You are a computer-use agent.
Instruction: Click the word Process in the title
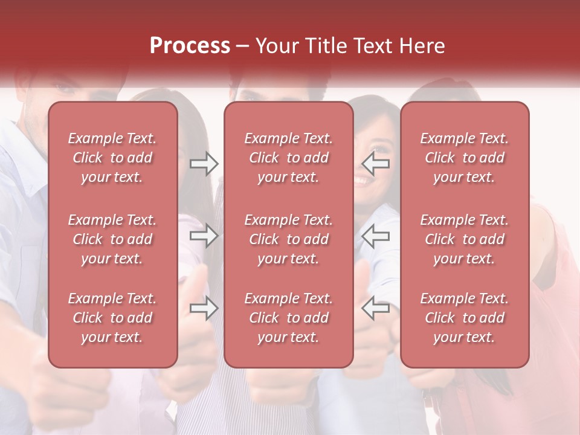[x=190, y=46]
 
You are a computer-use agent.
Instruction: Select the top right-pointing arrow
[x=204, y=164]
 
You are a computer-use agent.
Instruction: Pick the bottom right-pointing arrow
[x=204, y=308]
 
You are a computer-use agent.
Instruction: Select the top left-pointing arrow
[x=376, y=164]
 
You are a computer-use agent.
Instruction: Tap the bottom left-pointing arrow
[x=376, y=308]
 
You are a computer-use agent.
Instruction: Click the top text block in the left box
[x=112, y=158]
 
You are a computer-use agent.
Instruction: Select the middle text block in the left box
[x=112, y=239]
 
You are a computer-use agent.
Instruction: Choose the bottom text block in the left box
[x=112, y=318]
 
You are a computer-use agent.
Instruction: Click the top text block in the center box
[x=289, y=158]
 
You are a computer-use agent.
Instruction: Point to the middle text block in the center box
[x=289, y=239]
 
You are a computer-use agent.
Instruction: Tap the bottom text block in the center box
[x=289, y=318]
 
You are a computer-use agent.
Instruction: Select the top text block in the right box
[x=465, y=158]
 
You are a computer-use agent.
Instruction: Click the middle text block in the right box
[x=465, y=239]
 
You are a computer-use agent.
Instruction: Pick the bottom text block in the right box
[x=465, y=318]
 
